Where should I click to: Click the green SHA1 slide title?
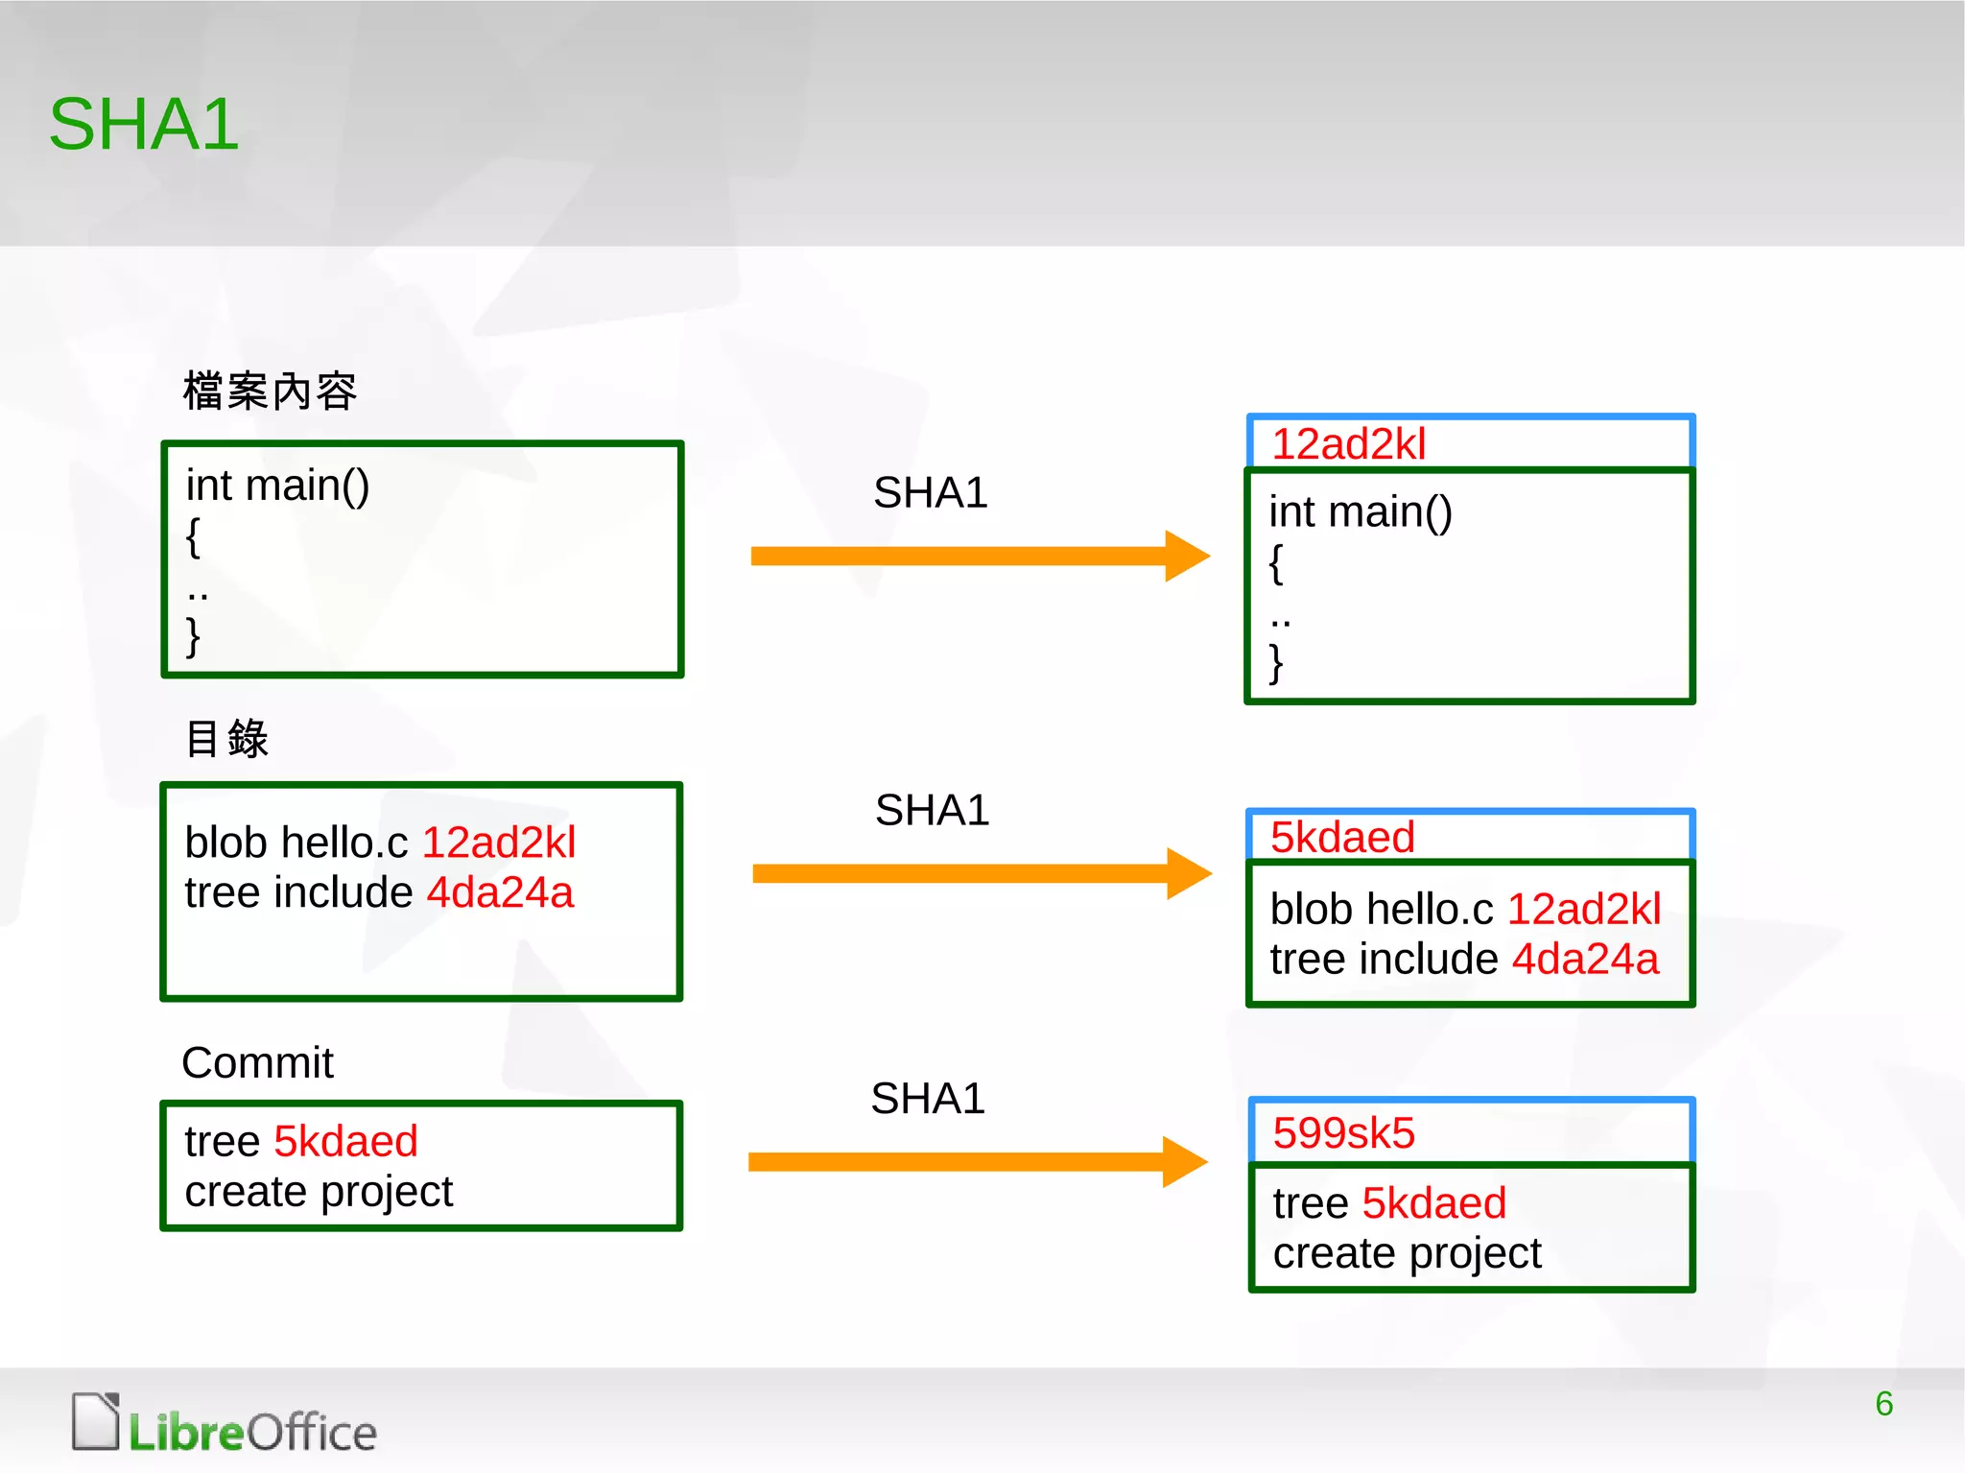(x=144, y=125)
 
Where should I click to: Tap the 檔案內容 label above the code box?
(x=270, y=392)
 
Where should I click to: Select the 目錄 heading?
(x=226, y=739)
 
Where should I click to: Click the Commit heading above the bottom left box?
(x=257, y=1062)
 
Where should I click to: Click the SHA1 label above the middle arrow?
(x=932, y=810)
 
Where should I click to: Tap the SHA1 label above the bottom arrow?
(x=928, y=1098)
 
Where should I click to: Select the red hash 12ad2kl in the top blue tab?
(x=1348, y=444)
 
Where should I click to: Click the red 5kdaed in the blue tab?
(x=1342, y=837)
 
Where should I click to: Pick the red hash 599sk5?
(x=1343, y=1133)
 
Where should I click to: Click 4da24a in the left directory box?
(x=500, y=892)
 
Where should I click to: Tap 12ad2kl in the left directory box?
(x=499, y=843)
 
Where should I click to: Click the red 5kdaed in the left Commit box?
(x=345, y=1141)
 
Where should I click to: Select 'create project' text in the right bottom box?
(x=1407, y=1253)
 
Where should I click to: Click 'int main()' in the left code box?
(x=277, y=485)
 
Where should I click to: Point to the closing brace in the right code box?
(x=1275, y=663)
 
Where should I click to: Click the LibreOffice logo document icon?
(x=96, y=1421)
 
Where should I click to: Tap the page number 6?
(x=1883, y=1404)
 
